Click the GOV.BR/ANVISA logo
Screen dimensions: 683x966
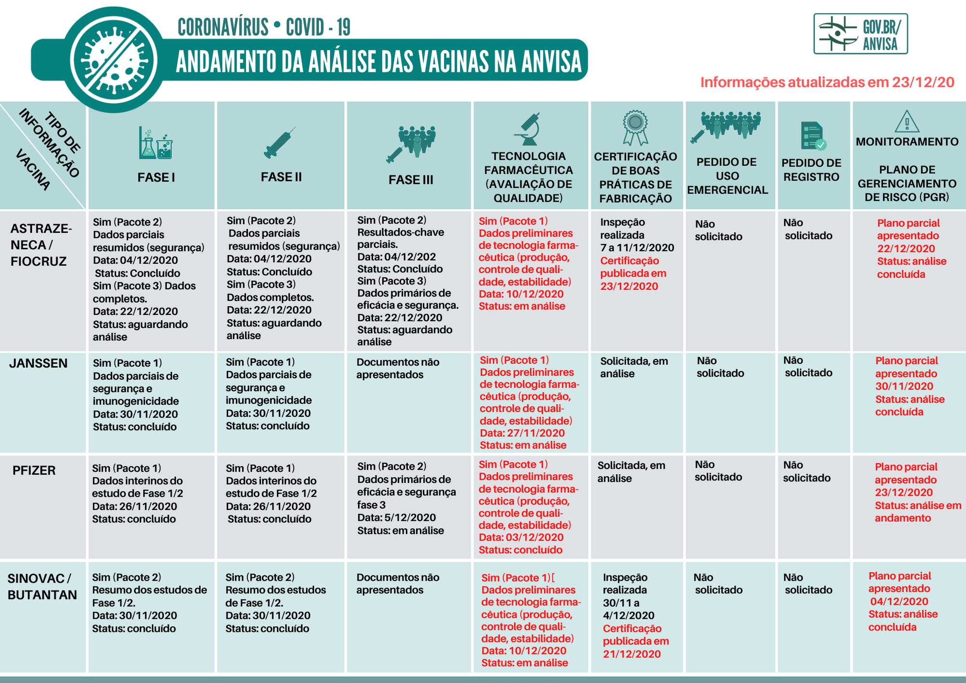[860, 33]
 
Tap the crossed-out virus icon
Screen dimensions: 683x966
[114, 60]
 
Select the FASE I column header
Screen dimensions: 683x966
[156, 177]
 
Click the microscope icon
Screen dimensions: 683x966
[528, 129]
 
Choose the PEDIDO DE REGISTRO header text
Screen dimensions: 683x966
[811, 170]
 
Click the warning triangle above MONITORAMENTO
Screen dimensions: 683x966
[907, 121]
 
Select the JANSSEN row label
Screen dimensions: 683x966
[38, 363]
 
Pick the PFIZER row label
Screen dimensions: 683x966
[34, 470]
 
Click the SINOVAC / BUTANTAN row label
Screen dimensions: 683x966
[42, 586]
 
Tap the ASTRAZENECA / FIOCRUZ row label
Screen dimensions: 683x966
[41, 245]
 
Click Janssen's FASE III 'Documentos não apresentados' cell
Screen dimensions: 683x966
[398, 369]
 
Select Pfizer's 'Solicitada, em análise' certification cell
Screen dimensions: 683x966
[631, 472]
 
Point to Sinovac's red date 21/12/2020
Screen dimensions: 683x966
[632, 654]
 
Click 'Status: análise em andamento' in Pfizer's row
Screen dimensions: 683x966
[918, 512]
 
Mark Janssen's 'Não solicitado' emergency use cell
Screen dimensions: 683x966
[720, 367]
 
